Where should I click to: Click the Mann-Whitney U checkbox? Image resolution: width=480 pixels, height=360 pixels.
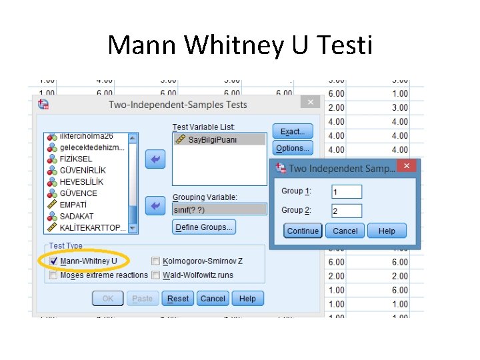[x=53, y=261]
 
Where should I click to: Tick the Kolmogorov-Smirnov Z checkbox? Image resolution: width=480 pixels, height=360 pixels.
[x=155, y=261]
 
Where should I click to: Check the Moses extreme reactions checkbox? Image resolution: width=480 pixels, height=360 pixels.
[x=53, y=275]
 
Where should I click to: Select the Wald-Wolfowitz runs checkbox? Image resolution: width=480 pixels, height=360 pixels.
[x=155, y=275]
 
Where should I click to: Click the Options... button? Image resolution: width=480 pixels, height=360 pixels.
[x=292, y=148]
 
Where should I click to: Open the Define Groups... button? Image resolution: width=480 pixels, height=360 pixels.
[x=204, y=227]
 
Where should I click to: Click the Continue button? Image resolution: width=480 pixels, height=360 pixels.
[x=303, y=231]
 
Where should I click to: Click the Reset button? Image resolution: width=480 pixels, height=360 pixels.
[x=178, y=299]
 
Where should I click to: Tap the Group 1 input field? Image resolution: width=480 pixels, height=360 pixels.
[x=347, y=192]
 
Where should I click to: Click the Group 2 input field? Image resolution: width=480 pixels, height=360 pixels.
[x=347, y=211]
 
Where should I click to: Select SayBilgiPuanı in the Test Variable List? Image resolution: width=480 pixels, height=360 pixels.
[x=212, y=139]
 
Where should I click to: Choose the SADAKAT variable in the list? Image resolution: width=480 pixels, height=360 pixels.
[x=77, y=216]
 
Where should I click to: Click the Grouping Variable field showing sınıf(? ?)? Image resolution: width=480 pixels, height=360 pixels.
[x=219, y=209]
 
